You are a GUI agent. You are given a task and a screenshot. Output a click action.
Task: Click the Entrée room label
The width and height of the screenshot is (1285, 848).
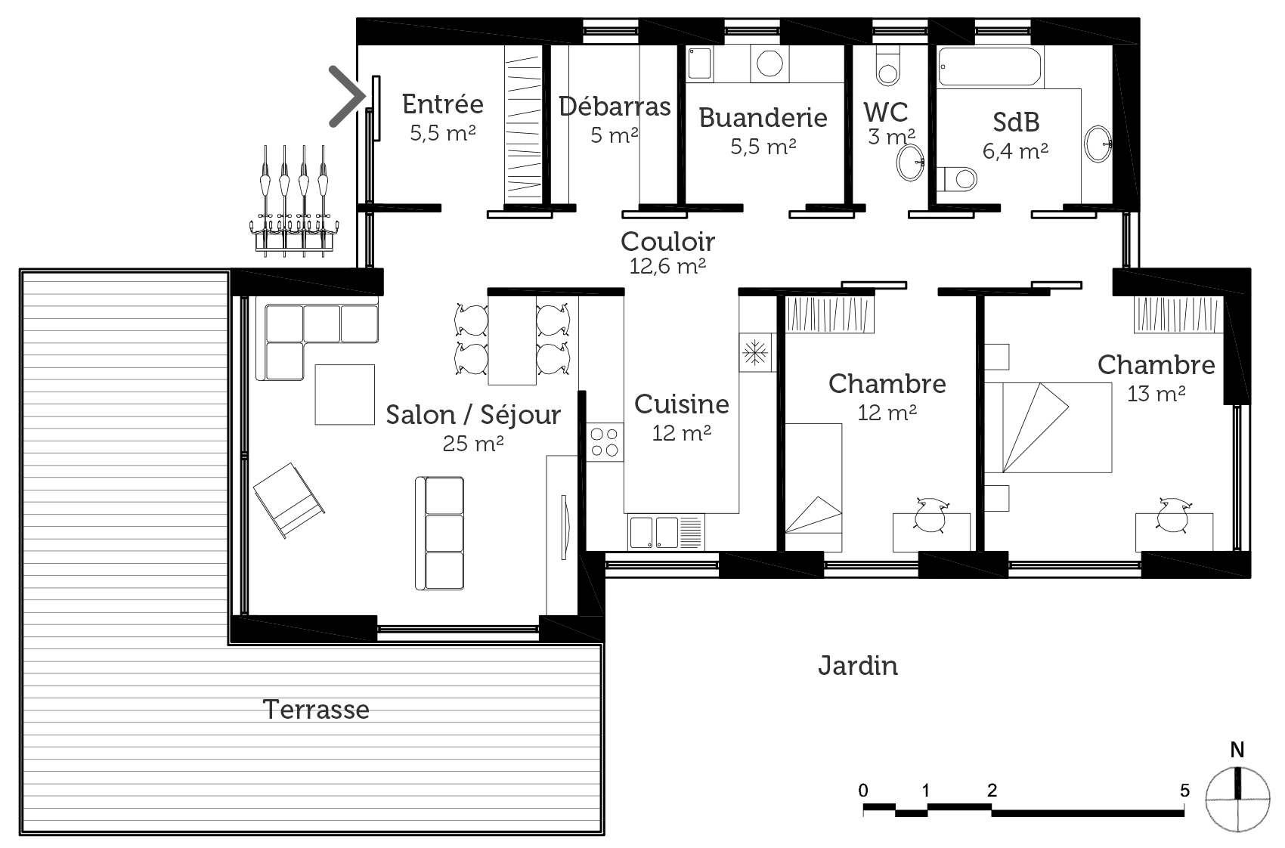click(x=442, y=104)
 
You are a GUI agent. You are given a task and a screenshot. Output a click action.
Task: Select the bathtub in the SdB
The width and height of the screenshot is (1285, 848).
click(x=989, y=67)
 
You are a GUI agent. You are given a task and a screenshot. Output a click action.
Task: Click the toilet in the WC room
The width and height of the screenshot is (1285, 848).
click(x=888, y=66)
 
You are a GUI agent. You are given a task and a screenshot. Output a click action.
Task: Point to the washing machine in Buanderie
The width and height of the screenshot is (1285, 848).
click(x=769, y=63)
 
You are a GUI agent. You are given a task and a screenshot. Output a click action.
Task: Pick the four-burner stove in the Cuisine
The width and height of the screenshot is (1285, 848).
click(x=605, y=442)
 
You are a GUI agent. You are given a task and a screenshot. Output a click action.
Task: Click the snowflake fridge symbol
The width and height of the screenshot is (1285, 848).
click(x=755, y=352)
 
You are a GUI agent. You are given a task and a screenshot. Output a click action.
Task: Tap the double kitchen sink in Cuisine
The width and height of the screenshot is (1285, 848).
click(x=666, y=532)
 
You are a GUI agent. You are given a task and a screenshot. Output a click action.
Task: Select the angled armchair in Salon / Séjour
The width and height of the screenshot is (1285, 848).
click(x=289, y=500)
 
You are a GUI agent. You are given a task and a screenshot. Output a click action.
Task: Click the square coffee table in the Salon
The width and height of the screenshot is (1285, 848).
click(x=345, y=395)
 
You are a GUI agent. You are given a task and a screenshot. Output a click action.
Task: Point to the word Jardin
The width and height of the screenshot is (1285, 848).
click(x=858, y=666)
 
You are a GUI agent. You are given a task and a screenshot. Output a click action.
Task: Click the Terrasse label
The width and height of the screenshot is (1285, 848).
click(x=316, y=710)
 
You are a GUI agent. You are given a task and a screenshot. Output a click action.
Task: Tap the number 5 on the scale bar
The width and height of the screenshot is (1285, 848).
click(x=1184, y=791)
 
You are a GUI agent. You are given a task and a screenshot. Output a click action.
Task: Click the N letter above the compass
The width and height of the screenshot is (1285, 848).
click(x=1237, y=750)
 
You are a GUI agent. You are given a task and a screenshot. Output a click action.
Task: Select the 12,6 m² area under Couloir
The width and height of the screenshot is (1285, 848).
click(x=667, y=266)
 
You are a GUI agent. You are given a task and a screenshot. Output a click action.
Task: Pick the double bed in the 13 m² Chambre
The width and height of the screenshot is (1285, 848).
click(x=1048, y=428)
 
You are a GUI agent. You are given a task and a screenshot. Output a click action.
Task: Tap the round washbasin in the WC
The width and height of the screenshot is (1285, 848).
click(x=910, y=162)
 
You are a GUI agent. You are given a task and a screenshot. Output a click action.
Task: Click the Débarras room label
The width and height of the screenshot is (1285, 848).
click(x=615, y=107)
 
